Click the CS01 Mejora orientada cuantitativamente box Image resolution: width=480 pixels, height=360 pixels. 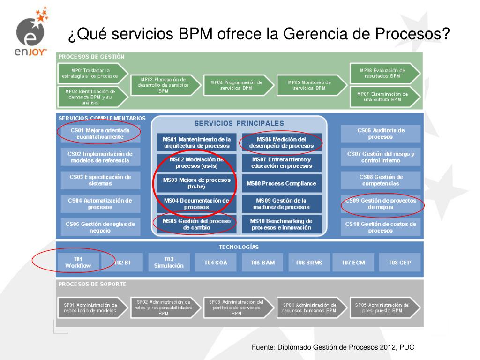pyautogui.click(x=100, y=133)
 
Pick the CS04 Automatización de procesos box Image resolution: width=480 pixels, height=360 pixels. pyautogui.click(x=100, y=203)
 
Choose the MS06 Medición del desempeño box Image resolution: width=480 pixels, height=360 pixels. pyautogui.click(x=281, y=142)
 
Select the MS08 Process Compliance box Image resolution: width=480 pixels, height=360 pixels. pyautogui.click(x=281, y=183)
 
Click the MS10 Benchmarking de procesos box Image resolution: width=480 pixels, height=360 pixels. pyautogui.click(x=281, y=224)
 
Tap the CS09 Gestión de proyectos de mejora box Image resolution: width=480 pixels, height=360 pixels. pyautogui.click(x=381, y=203)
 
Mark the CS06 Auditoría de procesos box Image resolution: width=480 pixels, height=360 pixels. pyautogui.click(x=381, y=133)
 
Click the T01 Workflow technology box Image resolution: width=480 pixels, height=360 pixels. pyautogui.click(x=78, y=262)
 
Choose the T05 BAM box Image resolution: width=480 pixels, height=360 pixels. pyautogui.click(x=262, y=262)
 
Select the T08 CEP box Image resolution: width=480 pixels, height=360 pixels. pyautogui.click(x=399, y=262)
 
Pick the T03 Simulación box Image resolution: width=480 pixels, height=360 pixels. pyautogui.click(x=169, y=262)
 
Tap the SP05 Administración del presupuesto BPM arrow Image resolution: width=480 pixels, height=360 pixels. pyautogui.click(x=384, y=307)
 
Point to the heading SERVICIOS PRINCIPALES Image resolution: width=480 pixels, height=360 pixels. pyautogui.click(x=239, y=123)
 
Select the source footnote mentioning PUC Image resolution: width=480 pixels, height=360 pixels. pyautogui.click(x=333, y=347)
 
